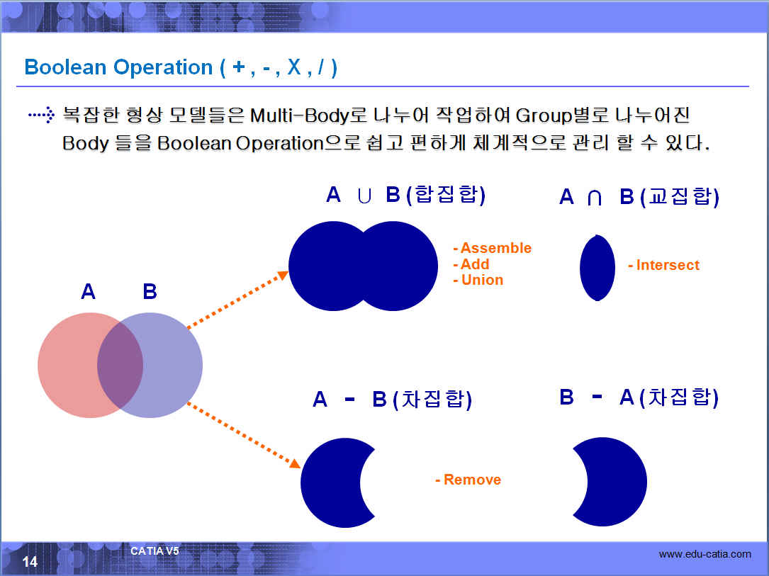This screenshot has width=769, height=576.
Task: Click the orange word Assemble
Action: pyautogui.click(x=496, y=248)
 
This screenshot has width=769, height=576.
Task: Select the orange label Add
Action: pyautogui.click(x=475, y=264)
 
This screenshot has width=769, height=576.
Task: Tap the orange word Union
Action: pyautogui.click(x=482, y=280)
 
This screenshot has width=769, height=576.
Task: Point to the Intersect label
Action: pyautogui.click(x=668, y=265)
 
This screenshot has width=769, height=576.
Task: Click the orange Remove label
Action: pyautogui.click(x=472, y=480)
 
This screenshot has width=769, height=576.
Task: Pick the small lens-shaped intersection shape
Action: pyautogui.click(x=597, y=268)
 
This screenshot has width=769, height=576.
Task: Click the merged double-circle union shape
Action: pyautogui.click(x=363, y=266)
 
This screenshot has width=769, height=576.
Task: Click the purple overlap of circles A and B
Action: pyautogui.click(x=120, y=365)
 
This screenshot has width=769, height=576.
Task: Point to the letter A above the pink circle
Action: pyautogui.click(x=89, y=292)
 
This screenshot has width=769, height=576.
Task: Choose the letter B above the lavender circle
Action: pyautogui.click(x=150, y=292)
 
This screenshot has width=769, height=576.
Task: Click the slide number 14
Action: pyautogui.click(x=30, y=561)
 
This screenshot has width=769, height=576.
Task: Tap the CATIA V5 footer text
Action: pyautogui.click(x=155, y=551)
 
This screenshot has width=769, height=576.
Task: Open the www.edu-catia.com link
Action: pyautogui.click(x=705, y=555)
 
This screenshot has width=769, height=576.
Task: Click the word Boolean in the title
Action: pyautogui.click(x=65, y=67)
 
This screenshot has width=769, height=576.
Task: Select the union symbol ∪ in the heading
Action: pyautogui.click(x=364, y=196)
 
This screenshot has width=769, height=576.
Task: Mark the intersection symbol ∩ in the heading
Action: pyautogui.click(x=595, y=198)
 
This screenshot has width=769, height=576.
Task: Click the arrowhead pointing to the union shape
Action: pyautogui.click(x=283, y=276)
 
